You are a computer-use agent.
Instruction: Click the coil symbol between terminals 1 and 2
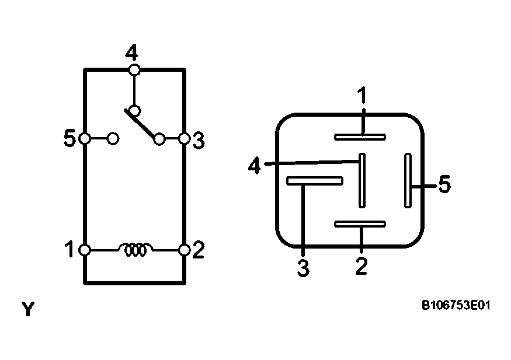point(135,250)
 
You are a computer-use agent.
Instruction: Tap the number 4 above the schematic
point(133,54)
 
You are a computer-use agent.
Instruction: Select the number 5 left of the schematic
point(69,139)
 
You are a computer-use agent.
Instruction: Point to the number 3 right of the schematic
point(199,140)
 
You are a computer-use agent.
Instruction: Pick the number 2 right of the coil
point(199,250)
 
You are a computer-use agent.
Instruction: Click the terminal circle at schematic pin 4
point(134,70)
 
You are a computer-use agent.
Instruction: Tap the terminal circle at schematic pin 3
point(183,139)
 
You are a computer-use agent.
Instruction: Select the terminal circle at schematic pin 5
point(85,139)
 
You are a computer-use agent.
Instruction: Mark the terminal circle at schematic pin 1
point(85,250)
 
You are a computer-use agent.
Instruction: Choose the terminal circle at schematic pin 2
point(184,250)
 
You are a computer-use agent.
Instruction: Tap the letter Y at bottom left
point(27,309)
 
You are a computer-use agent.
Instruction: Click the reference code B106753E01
point(456,305)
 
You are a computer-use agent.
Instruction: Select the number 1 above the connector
point(363,95)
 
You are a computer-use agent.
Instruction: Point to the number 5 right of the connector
point(444,185)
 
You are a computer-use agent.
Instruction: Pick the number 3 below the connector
point(303,268)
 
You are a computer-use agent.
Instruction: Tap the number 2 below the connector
point(361,265)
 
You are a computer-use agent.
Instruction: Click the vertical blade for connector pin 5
point(408,180)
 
